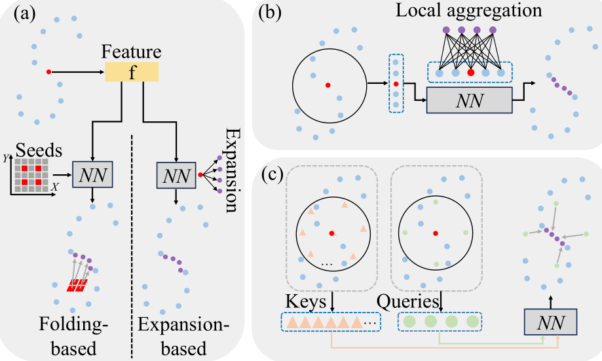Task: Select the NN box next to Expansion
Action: (175, 175)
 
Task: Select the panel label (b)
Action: (274, 14)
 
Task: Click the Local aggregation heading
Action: (461, 11)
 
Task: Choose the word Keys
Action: (307, 302)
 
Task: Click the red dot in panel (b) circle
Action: (328, 85)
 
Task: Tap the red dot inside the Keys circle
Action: (333, 233)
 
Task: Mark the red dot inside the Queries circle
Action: (435, 233)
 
